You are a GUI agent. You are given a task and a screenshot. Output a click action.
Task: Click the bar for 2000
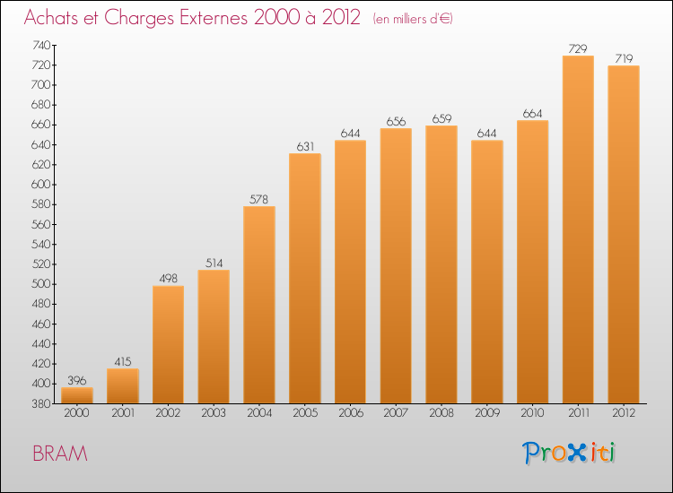coord(77,395)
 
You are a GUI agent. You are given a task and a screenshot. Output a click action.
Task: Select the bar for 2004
coord(259,305)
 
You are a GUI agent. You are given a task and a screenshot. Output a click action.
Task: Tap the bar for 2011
coord(578,229)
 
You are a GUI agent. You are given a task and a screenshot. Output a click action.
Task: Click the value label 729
coord(578,48)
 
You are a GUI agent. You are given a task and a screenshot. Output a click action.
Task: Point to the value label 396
coord(77,380)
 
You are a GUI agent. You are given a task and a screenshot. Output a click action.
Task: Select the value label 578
coord(259,199)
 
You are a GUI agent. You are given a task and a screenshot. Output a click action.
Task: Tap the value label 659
coord(441,118)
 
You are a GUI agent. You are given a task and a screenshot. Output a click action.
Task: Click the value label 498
coord(168,279)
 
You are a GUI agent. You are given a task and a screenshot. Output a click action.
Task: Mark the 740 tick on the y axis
coord(40,45)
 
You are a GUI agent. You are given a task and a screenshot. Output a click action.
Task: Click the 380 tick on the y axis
coord(40,403)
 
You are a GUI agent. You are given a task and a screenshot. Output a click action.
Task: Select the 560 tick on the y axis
coord(40,224)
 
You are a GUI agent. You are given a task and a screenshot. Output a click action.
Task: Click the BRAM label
coord(60,454)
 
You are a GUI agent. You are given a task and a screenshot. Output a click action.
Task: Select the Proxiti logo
coord(569,453)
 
